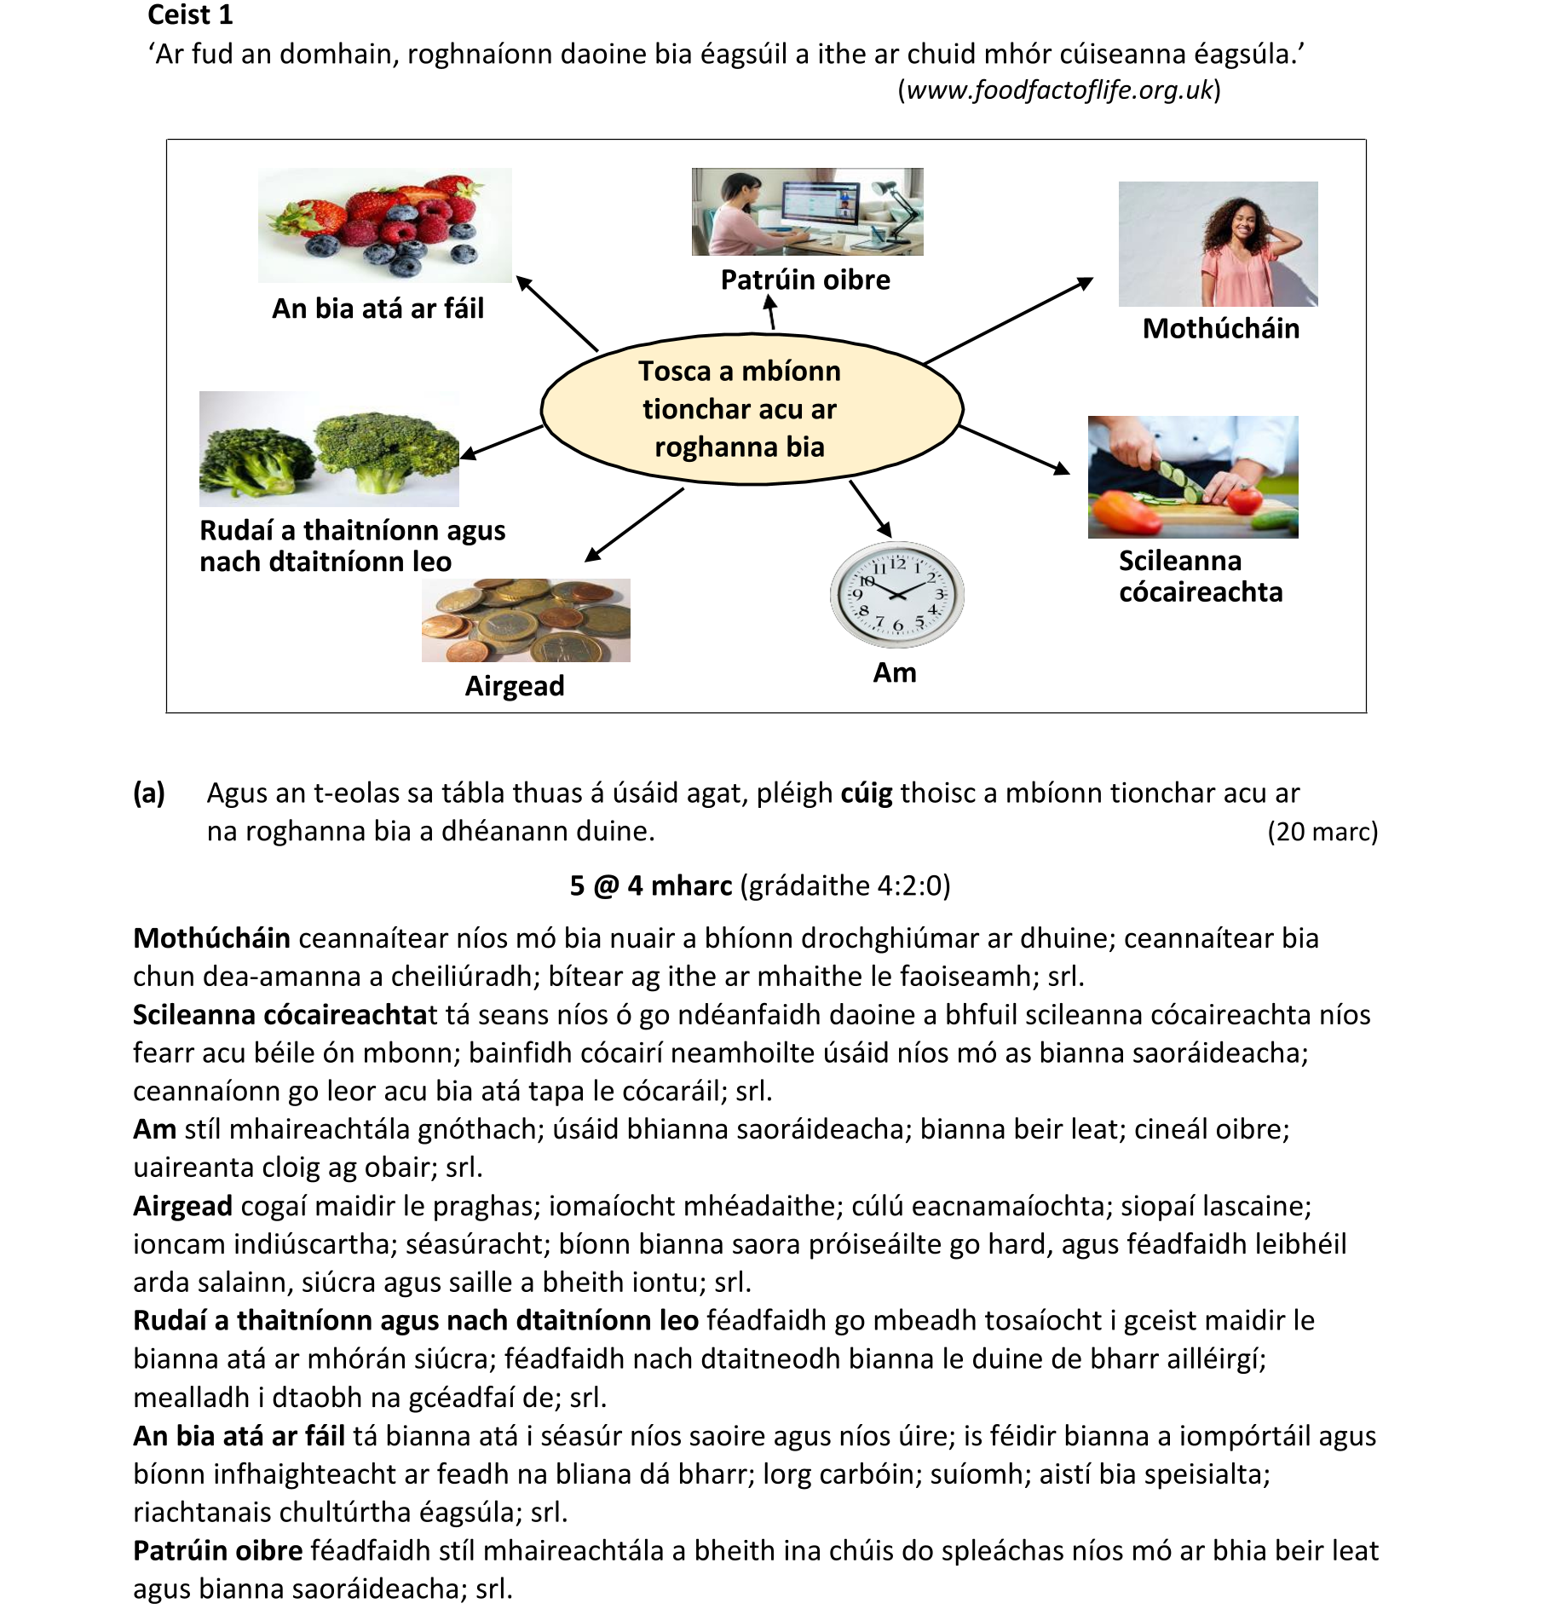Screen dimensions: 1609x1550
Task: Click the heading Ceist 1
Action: pyautogui.click(x=190, y=15)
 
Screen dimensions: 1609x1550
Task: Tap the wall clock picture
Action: pyautogui.click(x=896, y=594)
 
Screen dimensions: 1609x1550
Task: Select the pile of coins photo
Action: pyautogui.click(x=526, y=620)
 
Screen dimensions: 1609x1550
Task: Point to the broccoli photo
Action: pyautogui.click(x=329, y=449)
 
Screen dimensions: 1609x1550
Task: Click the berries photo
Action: pyautogui.click(x=384, y=225)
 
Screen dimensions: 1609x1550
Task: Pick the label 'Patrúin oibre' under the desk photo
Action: pyautogui.click(x=805, y=280)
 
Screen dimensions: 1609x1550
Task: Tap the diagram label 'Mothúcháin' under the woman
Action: pyautogui.click(x=1220, y=328)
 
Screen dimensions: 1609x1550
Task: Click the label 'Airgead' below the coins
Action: pyautogui.click(x=515, y=685)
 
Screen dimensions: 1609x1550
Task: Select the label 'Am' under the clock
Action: pyautogui.click(x=895, y=672)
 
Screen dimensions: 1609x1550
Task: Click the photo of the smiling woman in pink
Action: pyautogui.click(x=1218, y=244)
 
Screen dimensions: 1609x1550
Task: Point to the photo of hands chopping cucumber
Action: pyautogui.click(x=1192, y=476)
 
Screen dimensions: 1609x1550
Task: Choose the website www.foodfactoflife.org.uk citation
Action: pyautogui.click(x=1059, y=90)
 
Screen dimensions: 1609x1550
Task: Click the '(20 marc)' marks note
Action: pyautogui.click(x=1322, y=831)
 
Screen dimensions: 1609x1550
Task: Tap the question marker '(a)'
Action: pyautogui.click(x=149, y=793)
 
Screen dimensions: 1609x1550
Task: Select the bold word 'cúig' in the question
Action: pyautogui.click(x=867, y=793)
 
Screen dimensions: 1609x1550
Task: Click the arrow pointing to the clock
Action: pyautogui.click(x=870, y=509)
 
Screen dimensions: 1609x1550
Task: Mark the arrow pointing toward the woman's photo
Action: pyautogui.click(x=1008, y=320)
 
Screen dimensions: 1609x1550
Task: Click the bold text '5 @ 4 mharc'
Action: pyautogui.click(x=651, y=885)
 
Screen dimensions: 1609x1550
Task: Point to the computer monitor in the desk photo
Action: pyautogui.click(x=817, y=205)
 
